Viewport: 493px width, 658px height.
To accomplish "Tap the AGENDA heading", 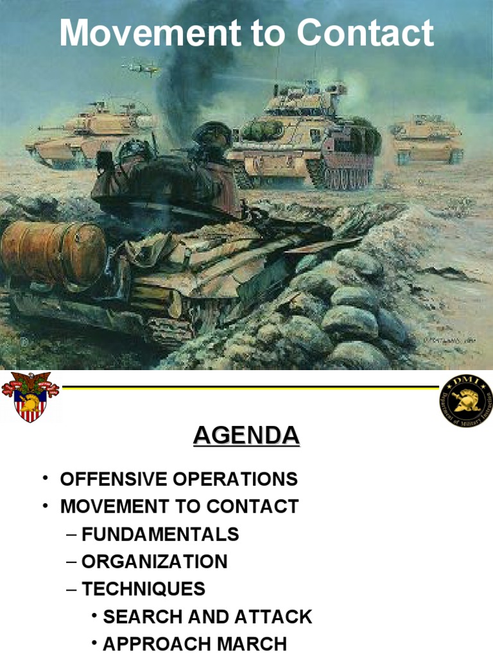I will [x=246, y=436].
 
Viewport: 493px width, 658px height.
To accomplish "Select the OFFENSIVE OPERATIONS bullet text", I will [x=178, y=479].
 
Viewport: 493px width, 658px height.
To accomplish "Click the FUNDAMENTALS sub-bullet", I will [x=160, y=534].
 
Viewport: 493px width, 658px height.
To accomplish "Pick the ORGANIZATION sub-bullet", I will [x=154, y=562].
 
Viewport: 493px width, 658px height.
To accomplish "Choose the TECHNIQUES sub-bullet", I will [x=143, y=589].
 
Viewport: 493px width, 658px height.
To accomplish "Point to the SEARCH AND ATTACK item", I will [x=207, y=617].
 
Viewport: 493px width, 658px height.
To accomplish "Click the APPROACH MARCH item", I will [x=195, y=644].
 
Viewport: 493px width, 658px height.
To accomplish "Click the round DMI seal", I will [x=467, y=400].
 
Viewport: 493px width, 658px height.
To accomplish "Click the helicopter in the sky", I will [x=141, y=67].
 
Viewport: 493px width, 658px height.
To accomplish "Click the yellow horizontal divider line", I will [x=250, y=387].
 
